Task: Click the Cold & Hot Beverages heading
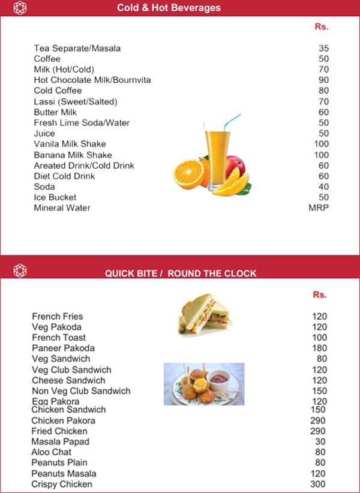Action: (169, 8)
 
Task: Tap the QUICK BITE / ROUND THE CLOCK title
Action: (181, 273)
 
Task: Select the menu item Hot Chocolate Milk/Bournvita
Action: (92, 80)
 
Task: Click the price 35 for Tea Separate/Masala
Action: (324, 49)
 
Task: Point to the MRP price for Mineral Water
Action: (319, 208)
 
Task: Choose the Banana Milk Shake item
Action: (73, 155)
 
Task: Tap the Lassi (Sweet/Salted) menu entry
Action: (76, 102)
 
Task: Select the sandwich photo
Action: (205, 315)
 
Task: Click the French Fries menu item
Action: (58, 317)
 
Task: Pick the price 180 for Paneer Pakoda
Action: (320, 348)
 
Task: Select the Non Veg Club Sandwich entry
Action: (81, 391)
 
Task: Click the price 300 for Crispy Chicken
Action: (319, 484)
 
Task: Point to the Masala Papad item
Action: (60, 441)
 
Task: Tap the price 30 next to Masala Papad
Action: (321, 441)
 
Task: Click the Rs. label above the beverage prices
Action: (322, 27)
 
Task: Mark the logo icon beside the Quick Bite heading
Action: (20, 270)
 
